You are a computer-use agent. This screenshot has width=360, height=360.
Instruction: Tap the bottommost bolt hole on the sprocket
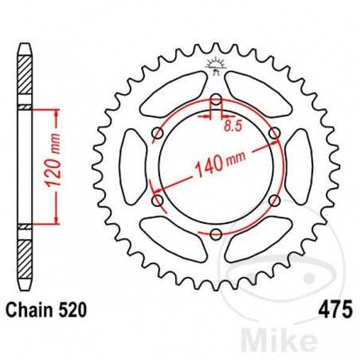pos(215,233)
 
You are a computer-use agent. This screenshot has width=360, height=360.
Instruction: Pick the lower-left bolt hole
pos(157,200)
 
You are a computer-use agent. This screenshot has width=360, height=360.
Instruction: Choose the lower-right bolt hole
pos(274,200)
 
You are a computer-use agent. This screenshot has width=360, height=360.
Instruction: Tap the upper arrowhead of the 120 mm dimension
pos(56,112)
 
